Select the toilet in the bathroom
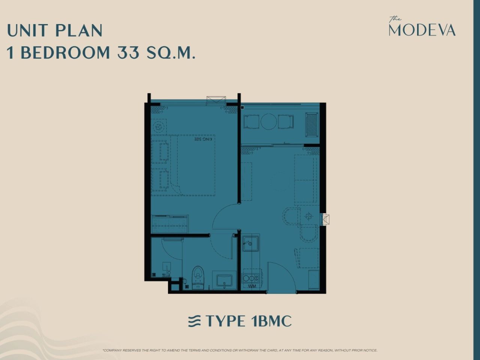pyautogui.click(x=198, y=278)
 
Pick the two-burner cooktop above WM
pyautogui.click(x=250, y=278)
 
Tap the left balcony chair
pyautogui.click(x=251, y=121)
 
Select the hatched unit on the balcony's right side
pyautogui.click(x=312, y=124)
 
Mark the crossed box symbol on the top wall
pyautogui.click(x=216, y=100)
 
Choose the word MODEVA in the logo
pyautogui.click(x=422, y=30)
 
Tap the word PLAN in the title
pyautogui.click(x=79, y=30)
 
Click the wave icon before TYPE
pyautogui.click(x=194, y=321)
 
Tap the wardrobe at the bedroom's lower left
pyautogui.click(x=169, y=224)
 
